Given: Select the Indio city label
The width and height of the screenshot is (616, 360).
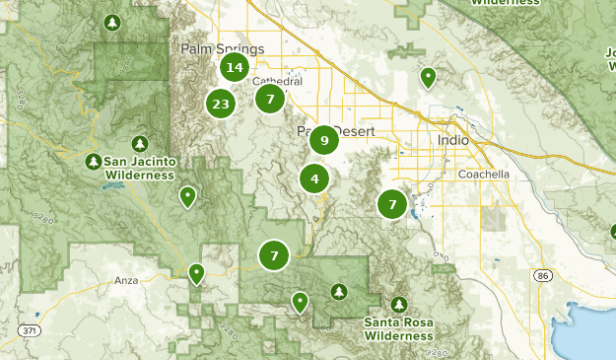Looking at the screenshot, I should (x=453, y=141).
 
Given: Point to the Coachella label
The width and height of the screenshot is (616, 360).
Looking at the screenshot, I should (x=484, y=174).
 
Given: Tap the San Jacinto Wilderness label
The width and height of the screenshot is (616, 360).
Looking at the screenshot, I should (x=140, y=169).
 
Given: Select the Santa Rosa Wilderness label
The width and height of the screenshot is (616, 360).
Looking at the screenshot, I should (x=397, y=329).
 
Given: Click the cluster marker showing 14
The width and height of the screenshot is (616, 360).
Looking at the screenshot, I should (x=234, y=68).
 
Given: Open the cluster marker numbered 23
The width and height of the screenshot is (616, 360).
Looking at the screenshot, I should (x=220, y=104).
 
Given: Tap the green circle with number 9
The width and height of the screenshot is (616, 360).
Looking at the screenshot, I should (x=324, y=141).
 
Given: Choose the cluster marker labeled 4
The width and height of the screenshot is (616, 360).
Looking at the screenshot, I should (x=314, y=180).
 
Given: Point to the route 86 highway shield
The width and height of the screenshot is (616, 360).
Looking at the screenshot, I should (x=543, y=277).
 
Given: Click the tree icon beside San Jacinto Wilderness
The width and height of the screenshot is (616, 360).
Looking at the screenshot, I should (x=94, y=161).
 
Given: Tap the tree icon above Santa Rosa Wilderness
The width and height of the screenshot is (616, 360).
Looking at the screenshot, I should (x=399, y=304).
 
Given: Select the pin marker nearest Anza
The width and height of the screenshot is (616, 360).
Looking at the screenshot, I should (x=196, y=272).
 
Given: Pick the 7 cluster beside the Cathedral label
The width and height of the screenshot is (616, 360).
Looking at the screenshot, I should (x=270, y=99).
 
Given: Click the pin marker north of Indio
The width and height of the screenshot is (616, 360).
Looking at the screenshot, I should (x=428, y=76).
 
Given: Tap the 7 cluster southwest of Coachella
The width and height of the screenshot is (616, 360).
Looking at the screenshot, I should (x=392, y=204).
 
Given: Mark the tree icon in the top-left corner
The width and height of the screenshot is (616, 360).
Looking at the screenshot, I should (x=112, y=22).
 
